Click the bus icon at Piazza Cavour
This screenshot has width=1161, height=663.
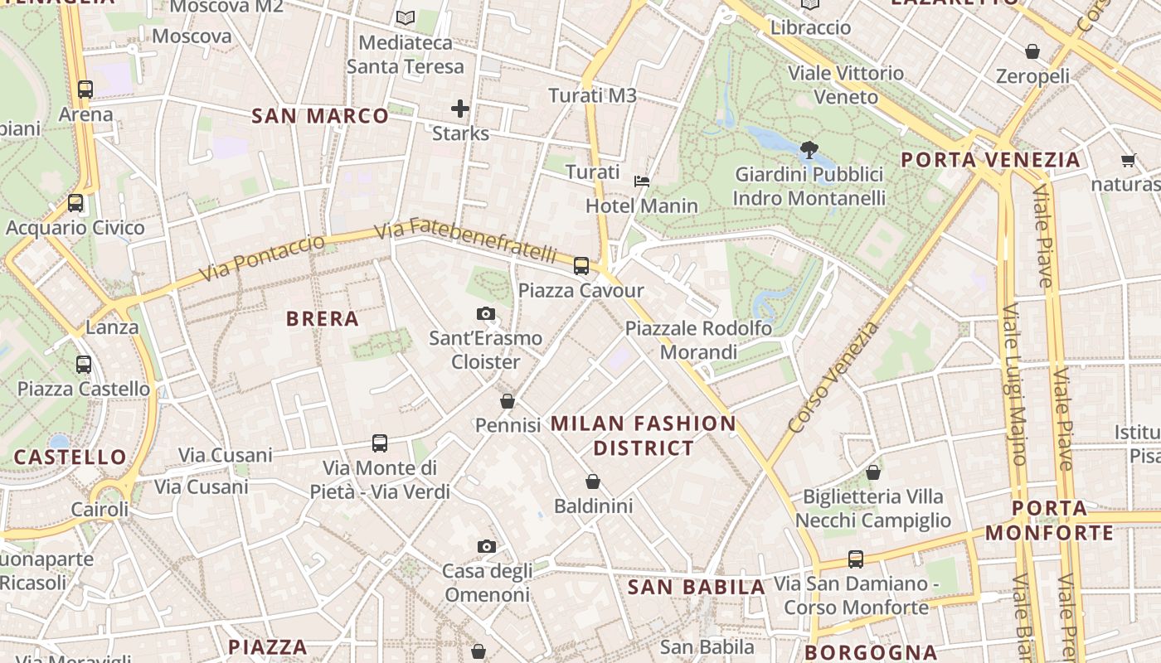[581, 266]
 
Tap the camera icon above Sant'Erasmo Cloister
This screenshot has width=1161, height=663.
[486, 313]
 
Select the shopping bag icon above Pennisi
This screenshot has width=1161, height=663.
[508, 401]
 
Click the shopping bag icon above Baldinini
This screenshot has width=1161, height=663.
[593, 482]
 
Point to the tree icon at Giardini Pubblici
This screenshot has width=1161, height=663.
[809, 150]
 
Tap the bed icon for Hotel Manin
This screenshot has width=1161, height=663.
[641, 181]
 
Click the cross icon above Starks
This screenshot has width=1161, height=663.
[460, 109]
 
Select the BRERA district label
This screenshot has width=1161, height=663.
[323, 319]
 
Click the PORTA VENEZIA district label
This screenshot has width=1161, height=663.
[990, 160]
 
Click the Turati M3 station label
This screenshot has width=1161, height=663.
[592, 95]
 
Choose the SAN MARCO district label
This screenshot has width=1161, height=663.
[320, 116]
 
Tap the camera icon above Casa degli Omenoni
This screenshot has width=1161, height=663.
[487, 547]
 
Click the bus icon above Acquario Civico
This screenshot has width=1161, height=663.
[75, 202]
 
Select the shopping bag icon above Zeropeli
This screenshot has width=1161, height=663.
[1032, 51]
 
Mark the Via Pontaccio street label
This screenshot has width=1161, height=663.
[261, 258]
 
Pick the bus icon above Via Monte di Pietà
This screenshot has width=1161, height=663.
[380, 443]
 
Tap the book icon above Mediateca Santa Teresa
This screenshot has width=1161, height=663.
[405, 17]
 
